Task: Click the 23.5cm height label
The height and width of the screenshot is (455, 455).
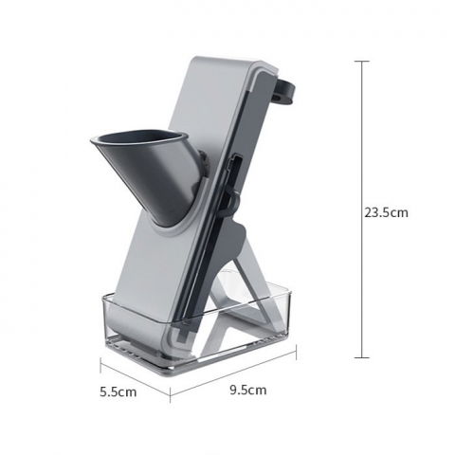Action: pos(386,212)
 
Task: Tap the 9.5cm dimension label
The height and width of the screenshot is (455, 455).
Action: pos(246,390)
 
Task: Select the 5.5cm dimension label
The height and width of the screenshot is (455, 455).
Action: pos(119,390)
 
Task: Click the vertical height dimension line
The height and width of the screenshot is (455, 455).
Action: pos(361,209)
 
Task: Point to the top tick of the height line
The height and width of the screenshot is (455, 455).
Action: pos(361,62)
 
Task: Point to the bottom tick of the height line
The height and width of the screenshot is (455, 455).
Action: pos(361,357)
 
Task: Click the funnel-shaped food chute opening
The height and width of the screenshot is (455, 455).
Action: pos(133,143)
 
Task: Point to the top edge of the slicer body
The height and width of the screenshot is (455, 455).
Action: pos(227,59)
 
